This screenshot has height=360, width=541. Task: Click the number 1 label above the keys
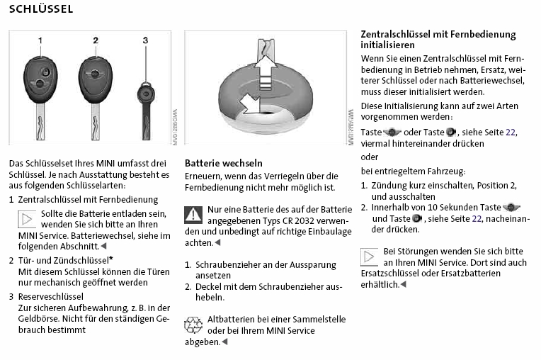40,40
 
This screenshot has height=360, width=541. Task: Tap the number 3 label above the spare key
145,40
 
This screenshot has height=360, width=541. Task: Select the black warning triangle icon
193,214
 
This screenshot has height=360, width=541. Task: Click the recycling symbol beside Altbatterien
193,325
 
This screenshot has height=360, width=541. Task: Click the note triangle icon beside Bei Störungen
370,256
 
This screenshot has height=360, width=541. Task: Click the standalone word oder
370,157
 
